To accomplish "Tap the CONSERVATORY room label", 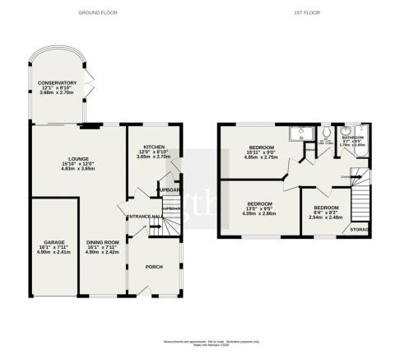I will click(57, 82).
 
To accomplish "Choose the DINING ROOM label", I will click(103, 242).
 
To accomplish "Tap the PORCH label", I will click(154, 267).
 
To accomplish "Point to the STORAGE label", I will click(359, 229).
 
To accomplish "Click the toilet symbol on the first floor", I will click(328, 131).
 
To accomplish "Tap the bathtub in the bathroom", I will click(365, 143).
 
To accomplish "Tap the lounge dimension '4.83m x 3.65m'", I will click(80, 168).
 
